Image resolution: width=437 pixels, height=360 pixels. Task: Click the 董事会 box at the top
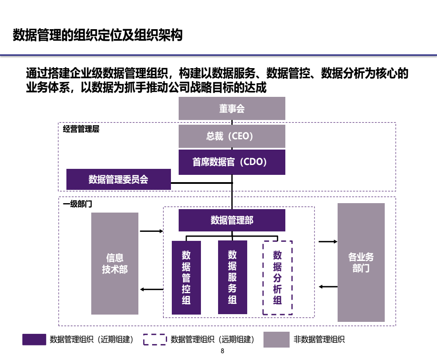click(x=232, y=108)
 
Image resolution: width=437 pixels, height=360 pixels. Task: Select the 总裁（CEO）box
click(x=232, y=136)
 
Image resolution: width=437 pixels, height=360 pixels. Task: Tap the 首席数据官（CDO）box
click(x=232, y=162)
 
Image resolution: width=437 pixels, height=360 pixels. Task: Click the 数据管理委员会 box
click(x=119, y=179)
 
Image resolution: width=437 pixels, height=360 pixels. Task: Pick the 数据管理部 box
click(x=232, y=220)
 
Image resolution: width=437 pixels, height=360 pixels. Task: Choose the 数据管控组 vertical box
click(x=186, y=277)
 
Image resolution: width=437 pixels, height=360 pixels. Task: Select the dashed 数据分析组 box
click(x=278, y=278)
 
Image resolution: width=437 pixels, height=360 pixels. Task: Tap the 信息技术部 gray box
click(x=115, y=263)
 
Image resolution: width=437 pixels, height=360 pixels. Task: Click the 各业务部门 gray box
click(x=361, y=262)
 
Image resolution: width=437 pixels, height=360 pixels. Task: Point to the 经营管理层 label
click(x=81, y=129)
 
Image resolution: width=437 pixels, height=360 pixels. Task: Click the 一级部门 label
click(x=78, y=204)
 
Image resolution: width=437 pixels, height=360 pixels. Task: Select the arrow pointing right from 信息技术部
click(x=152, y=231)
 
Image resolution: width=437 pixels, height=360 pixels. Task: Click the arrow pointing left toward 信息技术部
click(x=152, y=290)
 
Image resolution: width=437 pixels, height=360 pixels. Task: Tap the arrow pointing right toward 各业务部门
click(x=328, y=242)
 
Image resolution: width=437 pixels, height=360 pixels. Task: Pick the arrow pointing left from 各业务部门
click(x=328, y=286)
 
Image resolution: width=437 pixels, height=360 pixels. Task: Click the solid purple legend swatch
click(x=34, y=340)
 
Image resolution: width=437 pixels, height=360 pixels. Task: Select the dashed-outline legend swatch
click(x=155, y=340)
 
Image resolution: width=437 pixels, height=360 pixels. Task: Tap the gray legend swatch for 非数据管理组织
click(x=276, y=340)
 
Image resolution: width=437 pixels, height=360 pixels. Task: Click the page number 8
click(x=222, y=351)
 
